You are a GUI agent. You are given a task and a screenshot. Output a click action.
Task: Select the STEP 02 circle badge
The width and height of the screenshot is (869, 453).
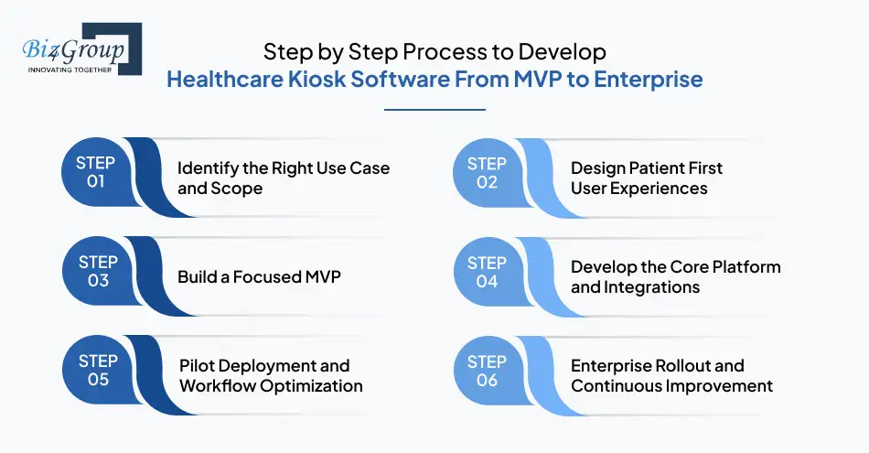pyautogui.click(x=488, y=172)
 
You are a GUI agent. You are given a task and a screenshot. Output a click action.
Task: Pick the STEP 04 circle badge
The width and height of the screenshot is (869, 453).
pyautogui.click(x=488, y=272)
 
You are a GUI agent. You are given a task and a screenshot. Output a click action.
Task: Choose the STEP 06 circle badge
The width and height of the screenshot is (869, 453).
pyautogui.click(x=488, y=371)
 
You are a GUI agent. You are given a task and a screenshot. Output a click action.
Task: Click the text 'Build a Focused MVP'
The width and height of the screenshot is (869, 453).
pyautogui.click(x=259, y=276)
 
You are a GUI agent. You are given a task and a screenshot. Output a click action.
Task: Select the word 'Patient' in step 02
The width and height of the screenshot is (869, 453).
pyautogui.click(x=658, y=168)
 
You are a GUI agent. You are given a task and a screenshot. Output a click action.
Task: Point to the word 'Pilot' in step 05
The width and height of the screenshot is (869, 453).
pyautogui.click(x=198, y=365)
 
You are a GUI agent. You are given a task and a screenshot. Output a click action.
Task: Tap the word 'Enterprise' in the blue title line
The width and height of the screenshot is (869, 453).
pyautogui.click(x=648, y=80)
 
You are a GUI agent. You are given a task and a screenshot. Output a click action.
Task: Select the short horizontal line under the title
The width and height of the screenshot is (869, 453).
pyautogui.click(x=434, y=110)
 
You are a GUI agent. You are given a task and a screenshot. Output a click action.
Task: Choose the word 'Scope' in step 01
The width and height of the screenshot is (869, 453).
pyautogui.click(x=239, y=189)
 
